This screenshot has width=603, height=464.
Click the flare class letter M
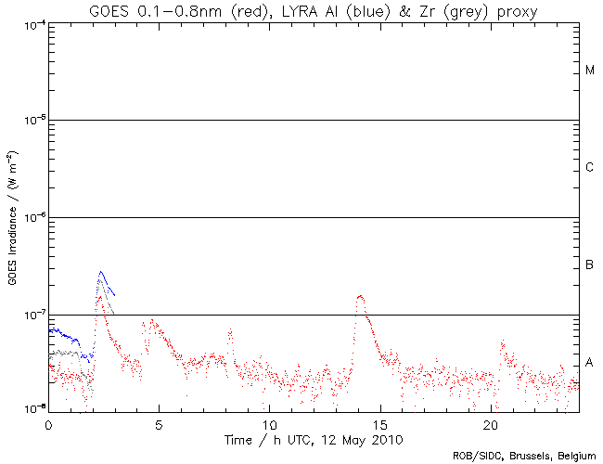(x=590, y=71)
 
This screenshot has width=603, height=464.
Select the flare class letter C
(x=590, y=168)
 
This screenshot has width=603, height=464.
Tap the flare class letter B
(x=590, y=266)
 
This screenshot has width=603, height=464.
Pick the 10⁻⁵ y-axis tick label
(x=31, y=121)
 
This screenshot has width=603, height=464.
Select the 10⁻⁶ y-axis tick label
(x=31, y=218)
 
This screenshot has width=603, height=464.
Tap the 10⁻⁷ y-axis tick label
(x=31, y=316)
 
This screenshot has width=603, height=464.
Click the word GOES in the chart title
(x=109, y=11)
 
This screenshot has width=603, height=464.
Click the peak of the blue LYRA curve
(x=101, y=272)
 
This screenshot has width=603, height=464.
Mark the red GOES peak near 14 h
(x=360, y=296)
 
